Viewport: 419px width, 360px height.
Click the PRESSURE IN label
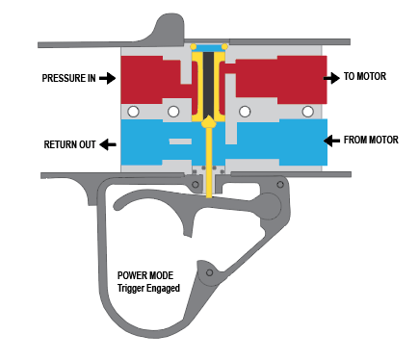(x=68, y=78)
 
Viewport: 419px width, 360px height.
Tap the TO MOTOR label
(x=365, y=76)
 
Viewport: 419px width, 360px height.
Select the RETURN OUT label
(x=69, y=144)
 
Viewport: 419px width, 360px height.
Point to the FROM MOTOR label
(x=371, y=140)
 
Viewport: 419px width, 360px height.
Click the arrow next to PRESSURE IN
(x=107, y=78)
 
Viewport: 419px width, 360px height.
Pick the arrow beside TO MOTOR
(x=331, y=78)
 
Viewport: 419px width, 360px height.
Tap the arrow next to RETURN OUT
(x=108, y=144)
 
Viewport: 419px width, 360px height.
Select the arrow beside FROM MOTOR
(x=331, y=141)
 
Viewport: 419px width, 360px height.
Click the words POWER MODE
(x=145, y=275)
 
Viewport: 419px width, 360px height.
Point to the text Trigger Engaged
(x=148, y=288)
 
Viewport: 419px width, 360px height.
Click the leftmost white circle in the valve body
(x=133, y=112)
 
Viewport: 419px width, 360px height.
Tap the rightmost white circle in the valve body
(x=308, y=112)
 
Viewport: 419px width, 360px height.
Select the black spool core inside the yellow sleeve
(x=208, y=85)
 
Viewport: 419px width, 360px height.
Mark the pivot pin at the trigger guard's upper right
(x=280, y=185)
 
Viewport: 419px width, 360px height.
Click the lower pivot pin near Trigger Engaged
(x=209, y=272)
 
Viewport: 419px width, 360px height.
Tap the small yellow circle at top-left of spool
(x=194, y=47)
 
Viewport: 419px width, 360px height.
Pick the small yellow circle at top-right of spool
(x=224, y=47)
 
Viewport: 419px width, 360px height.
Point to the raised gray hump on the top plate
(x=169, y=28)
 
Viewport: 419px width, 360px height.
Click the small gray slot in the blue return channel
(x=180, y=141)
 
